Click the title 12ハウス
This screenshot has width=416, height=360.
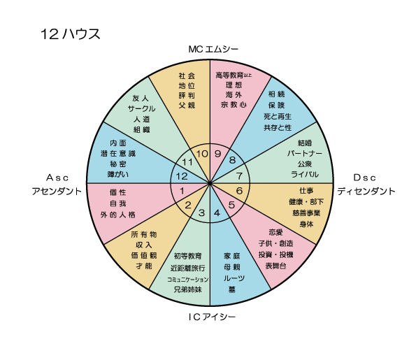71,34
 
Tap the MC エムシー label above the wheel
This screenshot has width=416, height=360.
213,49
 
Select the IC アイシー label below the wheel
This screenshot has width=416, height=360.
212,317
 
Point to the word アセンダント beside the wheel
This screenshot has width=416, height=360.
57,192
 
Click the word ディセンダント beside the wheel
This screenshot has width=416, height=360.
366,192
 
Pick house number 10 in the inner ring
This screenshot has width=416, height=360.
202,154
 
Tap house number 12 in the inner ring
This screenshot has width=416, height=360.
182,176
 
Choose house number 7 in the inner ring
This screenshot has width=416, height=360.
239,176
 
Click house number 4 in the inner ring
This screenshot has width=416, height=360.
217,213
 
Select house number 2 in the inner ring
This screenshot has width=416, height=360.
188,205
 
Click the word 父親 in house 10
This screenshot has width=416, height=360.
187,106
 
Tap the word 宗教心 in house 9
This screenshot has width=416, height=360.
234,105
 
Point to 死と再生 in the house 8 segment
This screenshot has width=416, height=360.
278,117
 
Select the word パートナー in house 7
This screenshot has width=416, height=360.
305,153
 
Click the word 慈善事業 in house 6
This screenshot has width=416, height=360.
306,213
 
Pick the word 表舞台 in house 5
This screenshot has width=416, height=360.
275,266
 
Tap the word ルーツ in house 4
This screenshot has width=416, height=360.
234,278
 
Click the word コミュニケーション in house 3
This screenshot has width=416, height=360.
188,280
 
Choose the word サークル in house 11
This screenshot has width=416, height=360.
141,109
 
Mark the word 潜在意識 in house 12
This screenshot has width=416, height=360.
118,154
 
